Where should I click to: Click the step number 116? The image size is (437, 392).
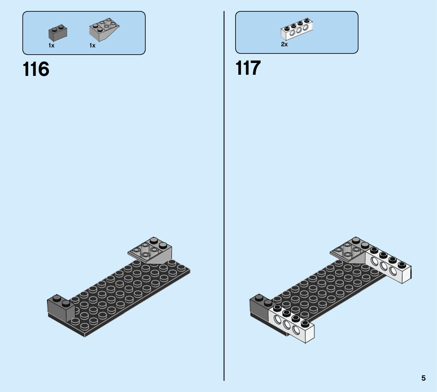point(36,69)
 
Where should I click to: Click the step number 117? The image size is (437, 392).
point(248,68)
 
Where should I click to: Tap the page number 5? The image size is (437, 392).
point(423,378)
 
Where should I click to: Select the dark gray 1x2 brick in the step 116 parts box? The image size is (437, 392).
point(58,33)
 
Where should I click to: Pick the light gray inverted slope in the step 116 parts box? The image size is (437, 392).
point(104,30)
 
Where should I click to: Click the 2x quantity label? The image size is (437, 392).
point(284,44)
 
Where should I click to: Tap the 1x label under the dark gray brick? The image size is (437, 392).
point(52,46)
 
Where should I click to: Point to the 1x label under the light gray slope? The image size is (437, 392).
point(92,46)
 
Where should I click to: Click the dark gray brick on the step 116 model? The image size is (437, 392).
point(61,308)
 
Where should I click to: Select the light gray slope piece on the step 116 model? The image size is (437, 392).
point(151,251)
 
